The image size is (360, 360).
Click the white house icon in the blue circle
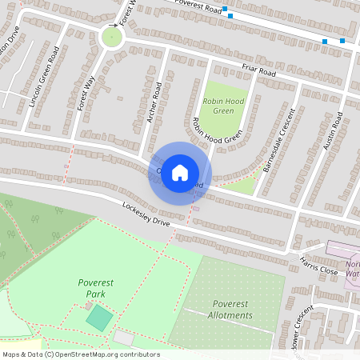point(180,172)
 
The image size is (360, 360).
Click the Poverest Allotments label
point(221,309)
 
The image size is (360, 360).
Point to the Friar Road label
point(260,72)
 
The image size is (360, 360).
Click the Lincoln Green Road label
point(43,77)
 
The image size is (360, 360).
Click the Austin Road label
point(333,130)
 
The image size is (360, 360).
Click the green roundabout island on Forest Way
point(112,37)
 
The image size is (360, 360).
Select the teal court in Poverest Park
point(99,317)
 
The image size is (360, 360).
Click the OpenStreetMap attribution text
point(80,354)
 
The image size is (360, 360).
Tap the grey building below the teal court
point(124,338)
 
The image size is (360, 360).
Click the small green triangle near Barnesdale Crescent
point(243,186)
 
